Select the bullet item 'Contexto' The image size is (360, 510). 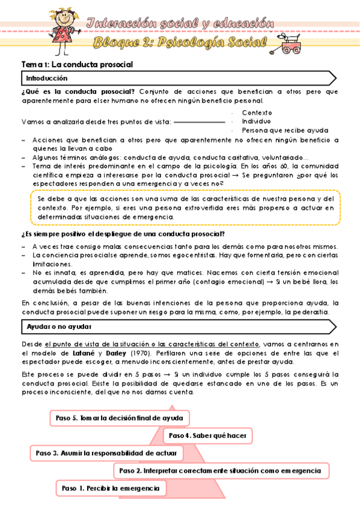point(257,112)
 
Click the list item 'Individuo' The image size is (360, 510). point(256,121)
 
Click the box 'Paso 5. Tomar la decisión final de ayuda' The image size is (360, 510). point(119,417)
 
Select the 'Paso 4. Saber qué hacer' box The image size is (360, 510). point(208,435)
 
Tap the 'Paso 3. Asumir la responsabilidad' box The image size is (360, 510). point(106,453)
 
